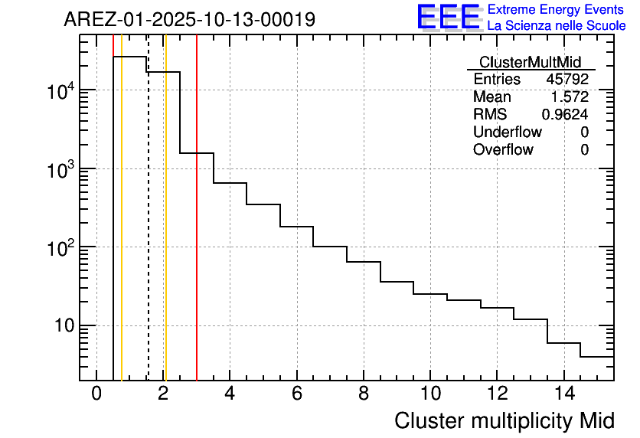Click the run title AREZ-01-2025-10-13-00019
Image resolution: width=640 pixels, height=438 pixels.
[189, 20]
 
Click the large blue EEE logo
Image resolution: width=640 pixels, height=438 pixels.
[449, 17]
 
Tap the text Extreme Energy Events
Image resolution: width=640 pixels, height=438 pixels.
[557, 10]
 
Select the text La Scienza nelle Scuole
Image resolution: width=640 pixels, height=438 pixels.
[557, 25]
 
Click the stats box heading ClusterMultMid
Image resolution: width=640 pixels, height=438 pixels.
[530, 62]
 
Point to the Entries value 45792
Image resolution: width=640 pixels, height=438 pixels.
[567, 80]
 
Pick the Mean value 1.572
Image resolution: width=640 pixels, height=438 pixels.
[570, 97]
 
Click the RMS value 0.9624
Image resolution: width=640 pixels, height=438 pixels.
[565, 115]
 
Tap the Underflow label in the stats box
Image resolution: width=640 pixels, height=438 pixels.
[508, 132]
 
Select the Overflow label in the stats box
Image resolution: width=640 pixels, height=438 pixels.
[503, 150]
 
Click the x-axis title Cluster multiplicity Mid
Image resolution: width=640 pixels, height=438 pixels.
[504, 420]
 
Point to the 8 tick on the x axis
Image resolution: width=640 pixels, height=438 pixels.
[364, 394]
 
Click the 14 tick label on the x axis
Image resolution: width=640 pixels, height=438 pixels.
[563, 394]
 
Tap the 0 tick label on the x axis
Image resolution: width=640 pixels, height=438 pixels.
[96, 394]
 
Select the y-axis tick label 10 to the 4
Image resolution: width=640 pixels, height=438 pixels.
[60, 91]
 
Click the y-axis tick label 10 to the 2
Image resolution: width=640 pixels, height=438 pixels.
[60, 248]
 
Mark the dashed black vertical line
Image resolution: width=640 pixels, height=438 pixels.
[148, 230]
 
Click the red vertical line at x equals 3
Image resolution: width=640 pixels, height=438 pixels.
[197, 230]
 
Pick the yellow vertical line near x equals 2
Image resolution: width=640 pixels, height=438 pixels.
[165, 230]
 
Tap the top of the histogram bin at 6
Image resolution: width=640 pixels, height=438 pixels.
[297, 227]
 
